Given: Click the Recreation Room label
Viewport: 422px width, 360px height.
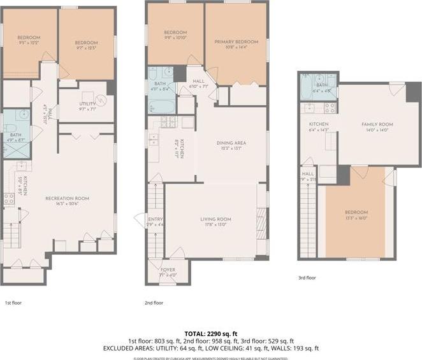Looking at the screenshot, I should pyautogui.click(x=66, y=199).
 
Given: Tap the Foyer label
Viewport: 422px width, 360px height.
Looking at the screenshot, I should pyautogui.click(x=168, y=270).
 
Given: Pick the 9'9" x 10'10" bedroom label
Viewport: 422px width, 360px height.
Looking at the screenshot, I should pyautogui.click(x=175, y=32).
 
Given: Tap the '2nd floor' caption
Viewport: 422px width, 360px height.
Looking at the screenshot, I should pyautogui.click(x=154, y=303).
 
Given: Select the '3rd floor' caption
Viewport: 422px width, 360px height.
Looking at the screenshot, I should pyautogui.click(x=307, y=278).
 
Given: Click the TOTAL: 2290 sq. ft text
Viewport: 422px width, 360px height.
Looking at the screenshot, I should pyautogui.click(x=210, y=333).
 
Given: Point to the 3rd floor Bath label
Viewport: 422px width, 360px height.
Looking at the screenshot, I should pyautogui.click(x=322, y=85).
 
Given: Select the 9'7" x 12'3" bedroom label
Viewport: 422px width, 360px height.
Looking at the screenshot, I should pyautogui.click(x=87, y=42).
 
